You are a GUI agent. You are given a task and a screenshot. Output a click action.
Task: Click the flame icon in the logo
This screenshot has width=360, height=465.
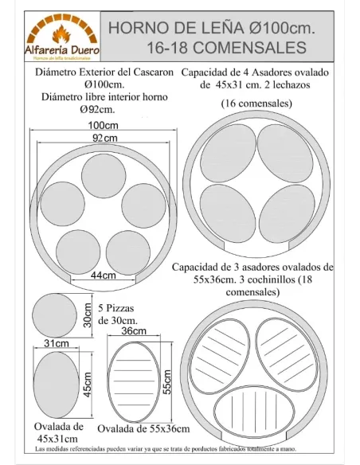[x=61, y=34]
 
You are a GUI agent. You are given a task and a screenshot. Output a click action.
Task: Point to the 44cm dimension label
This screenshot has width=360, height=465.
[x=98, y=275]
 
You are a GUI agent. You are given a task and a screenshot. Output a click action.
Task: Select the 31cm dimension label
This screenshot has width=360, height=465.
[x=55, y=342]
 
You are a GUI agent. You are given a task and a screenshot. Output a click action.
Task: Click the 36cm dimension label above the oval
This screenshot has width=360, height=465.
[x=134, y=331]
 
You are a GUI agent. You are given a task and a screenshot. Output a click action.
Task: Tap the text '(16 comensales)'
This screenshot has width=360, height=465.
[x=256, y=104]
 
